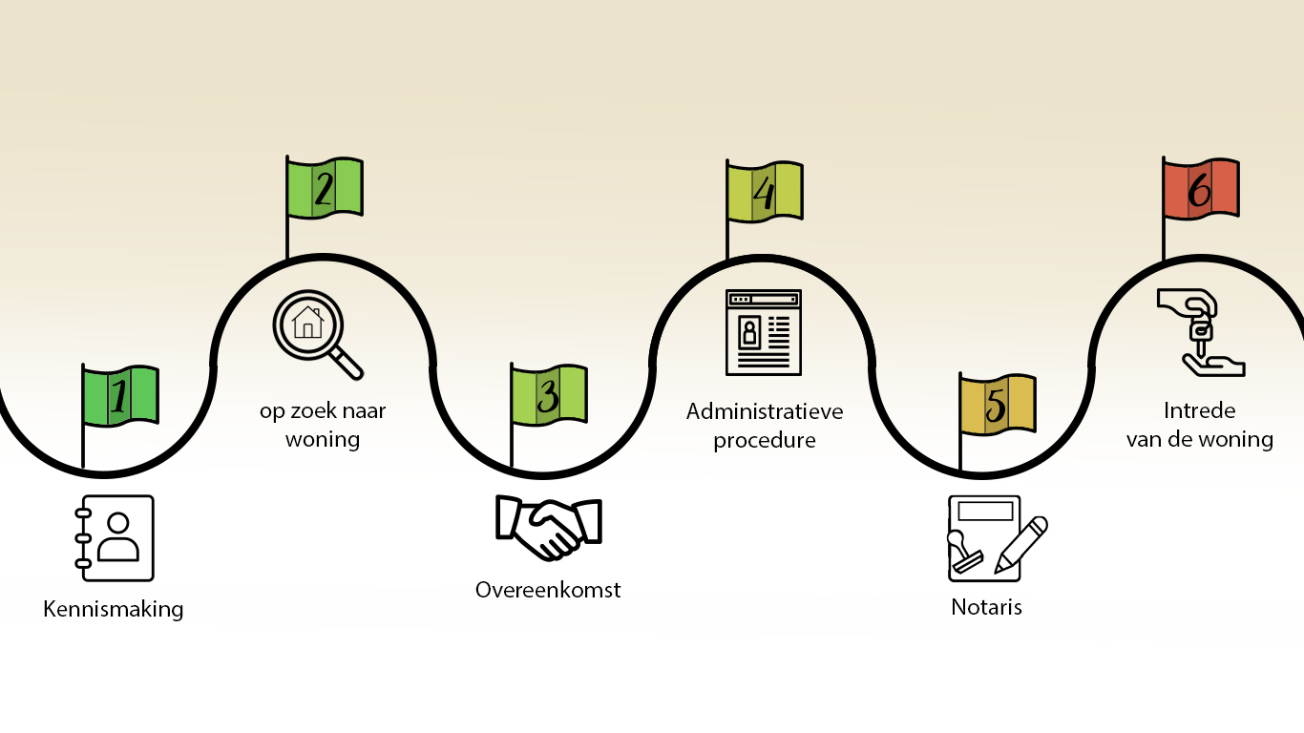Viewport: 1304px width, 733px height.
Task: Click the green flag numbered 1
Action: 119,395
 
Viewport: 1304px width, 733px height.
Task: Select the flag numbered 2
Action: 325,187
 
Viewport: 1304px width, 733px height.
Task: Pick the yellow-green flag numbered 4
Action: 764,192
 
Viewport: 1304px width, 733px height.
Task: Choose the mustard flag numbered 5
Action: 997,406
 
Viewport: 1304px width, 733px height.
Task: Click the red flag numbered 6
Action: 1200,187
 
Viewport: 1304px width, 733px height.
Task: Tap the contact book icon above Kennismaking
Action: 115,538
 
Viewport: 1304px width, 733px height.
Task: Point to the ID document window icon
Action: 764,332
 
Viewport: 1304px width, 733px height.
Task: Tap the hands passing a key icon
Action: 1200,332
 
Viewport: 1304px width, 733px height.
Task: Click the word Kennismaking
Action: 114,609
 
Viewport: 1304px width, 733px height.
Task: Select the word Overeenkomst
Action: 548,590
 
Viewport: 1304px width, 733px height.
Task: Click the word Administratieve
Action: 765,412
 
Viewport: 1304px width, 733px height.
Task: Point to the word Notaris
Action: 986,607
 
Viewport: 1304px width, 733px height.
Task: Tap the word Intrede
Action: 1200,411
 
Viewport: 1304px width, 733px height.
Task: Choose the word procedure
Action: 765,441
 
